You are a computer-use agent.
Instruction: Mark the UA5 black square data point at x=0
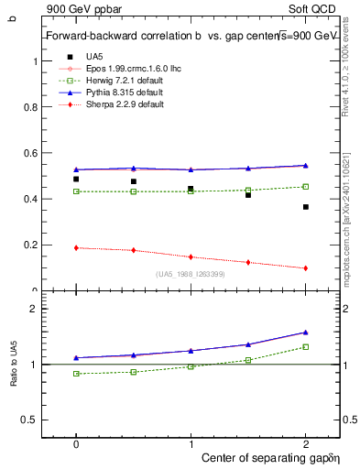click(76, 180)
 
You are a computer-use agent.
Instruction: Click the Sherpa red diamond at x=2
click(305, 268)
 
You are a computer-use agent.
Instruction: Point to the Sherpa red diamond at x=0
click(76, 247)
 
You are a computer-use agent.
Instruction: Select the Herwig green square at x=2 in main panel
click(305, 187)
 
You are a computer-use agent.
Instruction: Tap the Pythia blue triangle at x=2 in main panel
click(305, 166)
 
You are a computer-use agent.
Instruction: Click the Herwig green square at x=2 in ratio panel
click(305, 346)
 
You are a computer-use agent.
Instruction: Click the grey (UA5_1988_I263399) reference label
click(191, 274)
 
